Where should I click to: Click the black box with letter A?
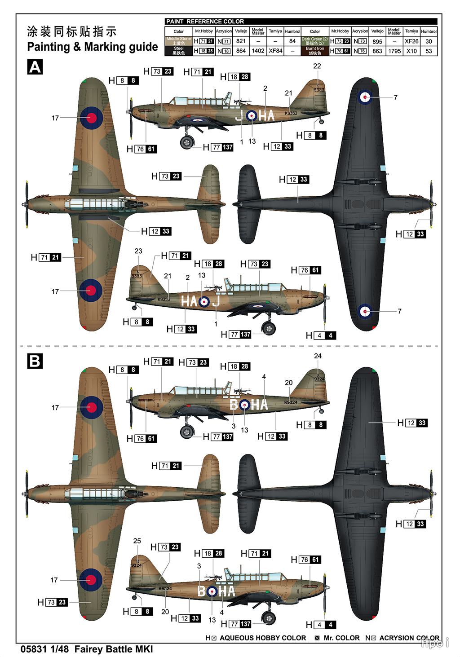35,67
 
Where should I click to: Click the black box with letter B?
35,361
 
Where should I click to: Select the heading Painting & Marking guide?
93,47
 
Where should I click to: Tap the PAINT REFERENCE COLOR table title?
205,22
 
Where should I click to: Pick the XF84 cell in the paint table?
275,51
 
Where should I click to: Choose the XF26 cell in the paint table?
411,41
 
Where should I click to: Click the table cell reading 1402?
258,51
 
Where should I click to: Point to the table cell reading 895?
377,41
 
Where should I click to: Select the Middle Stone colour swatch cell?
179,41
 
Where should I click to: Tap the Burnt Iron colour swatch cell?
315,51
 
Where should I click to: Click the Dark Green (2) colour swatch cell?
315,41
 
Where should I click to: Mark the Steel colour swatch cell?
179,51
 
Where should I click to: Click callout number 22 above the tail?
317,66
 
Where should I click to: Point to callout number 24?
318,356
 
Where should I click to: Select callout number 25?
137,541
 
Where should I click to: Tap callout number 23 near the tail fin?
138,251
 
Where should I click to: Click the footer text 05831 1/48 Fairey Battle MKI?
87,649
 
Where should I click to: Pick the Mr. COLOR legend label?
341,638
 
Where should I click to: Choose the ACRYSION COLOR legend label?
409,638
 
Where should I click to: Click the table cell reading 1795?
394,51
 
